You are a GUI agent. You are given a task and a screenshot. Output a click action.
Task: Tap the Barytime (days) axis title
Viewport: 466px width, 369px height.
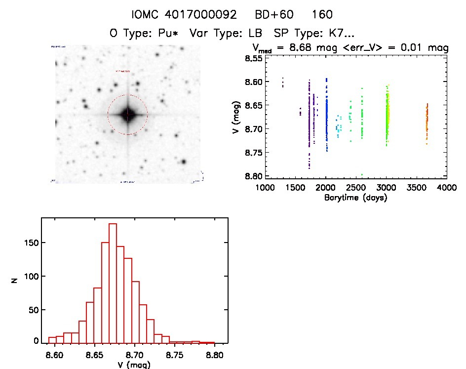click(355, 197)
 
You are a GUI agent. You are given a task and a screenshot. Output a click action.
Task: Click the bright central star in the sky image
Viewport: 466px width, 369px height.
click(127, 115)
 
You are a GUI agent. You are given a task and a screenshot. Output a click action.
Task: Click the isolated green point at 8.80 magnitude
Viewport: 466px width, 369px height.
click(362, 174)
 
